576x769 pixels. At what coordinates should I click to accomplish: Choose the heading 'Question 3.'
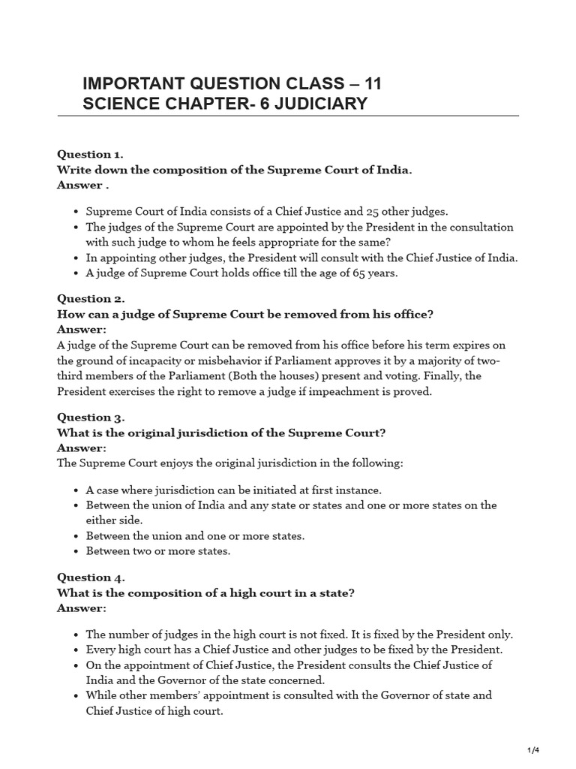tap(91, 417)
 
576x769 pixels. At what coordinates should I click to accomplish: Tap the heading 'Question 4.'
tap(91, 577)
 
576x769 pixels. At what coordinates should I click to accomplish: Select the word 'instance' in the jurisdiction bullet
tap(362, 490)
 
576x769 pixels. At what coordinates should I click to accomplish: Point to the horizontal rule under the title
tap(300, 116)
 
